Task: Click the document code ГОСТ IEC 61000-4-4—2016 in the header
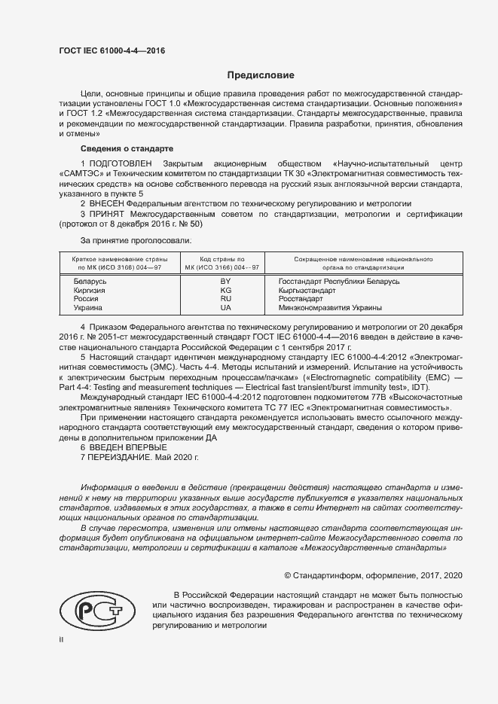tap(112, 51)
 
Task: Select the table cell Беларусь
tap(88, 281)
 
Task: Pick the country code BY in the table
tap(225, 281)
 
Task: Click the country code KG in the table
tap(225, 290)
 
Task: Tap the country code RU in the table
tap(225, 299)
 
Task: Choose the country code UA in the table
tap(225, 308)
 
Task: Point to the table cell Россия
tap(85, 299)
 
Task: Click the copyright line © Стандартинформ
tap(373, 575)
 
